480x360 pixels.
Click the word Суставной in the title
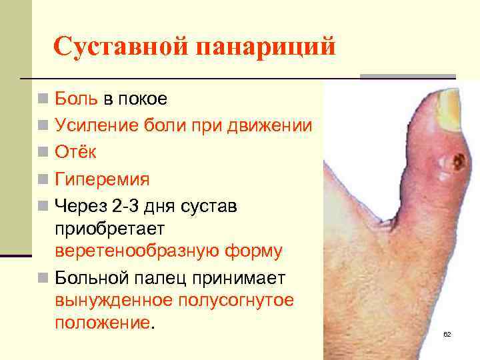[121, 47]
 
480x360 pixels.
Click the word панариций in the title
[266, 47]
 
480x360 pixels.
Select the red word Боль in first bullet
[76, 99]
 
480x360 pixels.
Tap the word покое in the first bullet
[143, 99]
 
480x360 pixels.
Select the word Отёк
[75, 152]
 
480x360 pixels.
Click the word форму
[255, 251]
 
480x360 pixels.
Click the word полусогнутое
[235, 300]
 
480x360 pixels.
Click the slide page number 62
[447, 334]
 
